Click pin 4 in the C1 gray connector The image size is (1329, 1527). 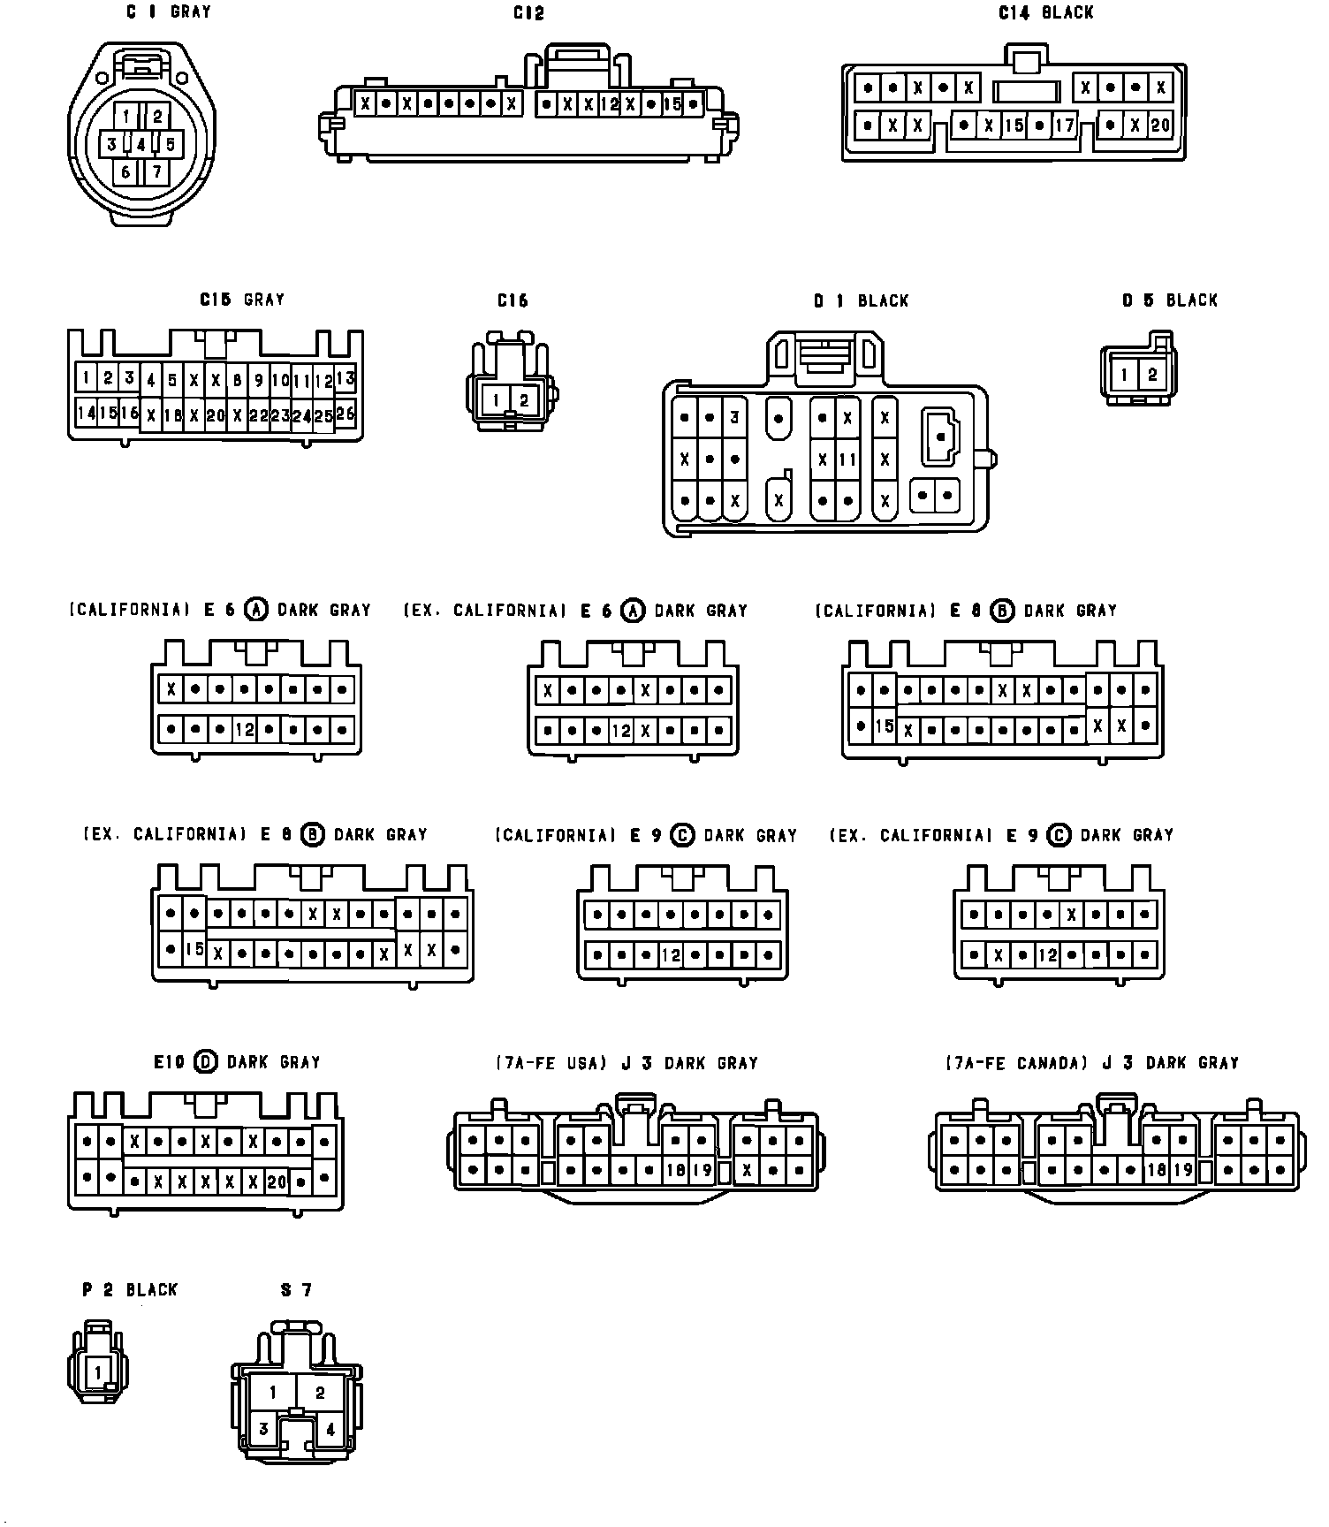140,144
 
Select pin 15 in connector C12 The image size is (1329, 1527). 672,104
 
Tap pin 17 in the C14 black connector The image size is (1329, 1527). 1064,125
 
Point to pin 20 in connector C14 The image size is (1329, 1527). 1159,125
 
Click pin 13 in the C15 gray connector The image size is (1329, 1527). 346,379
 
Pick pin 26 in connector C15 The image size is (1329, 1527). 346,414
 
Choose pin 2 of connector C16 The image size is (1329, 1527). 524,400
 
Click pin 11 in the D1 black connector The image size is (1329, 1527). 847,460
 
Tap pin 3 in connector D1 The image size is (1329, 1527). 734,418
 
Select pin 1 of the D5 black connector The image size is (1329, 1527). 1124,375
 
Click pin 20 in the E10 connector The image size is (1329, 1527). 277,1181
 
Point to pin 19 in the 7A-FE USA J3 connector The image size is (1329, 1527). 702,1171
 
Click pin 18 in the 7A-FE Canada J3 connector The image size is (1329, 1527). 1157,1171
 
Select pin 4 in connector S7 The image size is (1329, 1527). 330,1429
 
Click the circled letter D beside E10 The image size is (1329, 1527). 205,1062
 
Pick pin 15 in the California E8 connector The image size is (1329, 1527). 885,727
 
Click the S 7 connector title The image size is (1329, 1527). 296,1290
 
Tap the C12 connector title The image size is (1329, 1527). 528,13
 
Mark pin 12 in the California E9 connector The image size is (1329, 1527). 672,955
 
